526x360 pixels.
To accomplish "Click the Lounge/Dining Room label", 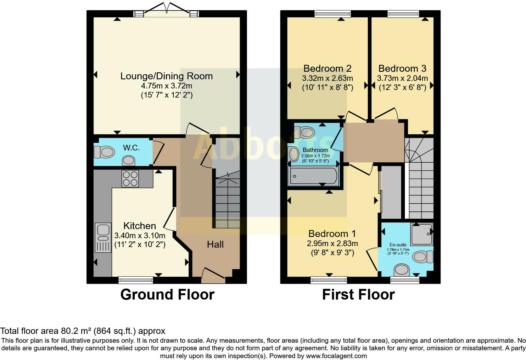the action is point(166,76).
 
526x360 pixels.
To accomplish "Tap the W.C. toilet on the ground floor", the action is point(104,152).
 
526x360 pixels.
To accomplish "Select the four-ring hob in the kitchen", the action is point(130,179).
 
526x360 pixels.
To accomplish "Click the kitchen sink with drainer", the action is point(103,237).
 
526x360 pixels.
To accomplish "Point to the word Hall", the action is point(215,245).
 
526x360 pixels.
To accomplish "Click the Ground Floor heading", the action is point(167,295).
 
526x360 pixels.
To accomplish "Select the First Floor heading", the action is point(358,295).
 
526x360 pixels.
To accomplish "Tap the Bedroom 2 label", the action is point(327,69).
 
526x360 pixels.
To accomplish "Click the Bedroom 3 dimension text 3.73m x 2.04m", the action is point(402,78).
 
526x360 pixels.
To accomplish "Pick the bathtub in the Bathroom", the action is point(313,176).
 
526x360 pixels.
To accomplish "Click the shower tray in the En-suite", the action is point(422,234).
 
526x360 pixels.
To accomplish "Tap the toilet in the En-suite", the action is point(422,257).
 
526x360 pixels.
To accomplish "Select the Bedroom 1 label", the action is point(332,234).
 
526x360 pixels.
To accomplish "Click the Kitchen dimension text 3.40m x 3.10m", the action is point(140,235).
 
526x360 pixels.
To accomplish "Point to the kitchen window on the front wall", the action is point(136,280).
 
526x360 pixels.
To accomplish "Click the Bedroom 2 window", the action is point(333,14).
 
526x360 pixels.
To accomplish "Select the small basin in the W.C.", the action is point(128,160).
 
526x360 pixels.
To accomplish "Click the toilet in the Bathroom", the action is point(304,132).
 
